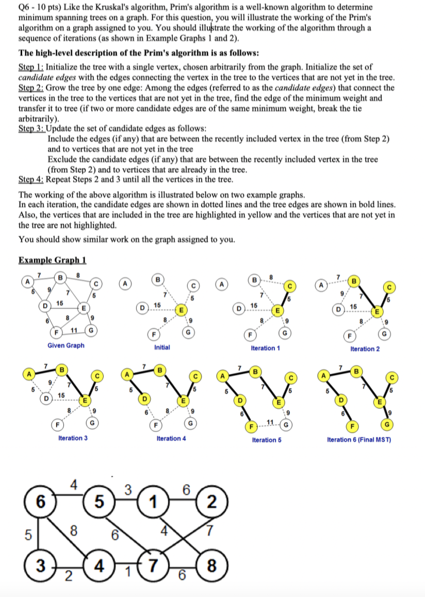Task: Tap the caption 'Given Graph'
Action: (66, 345)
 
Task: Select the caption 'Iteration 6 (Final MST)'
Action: (359, 439)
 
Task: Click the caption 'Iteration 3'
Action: (73, 438)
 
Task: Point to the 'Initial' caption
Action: (162, 347)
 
